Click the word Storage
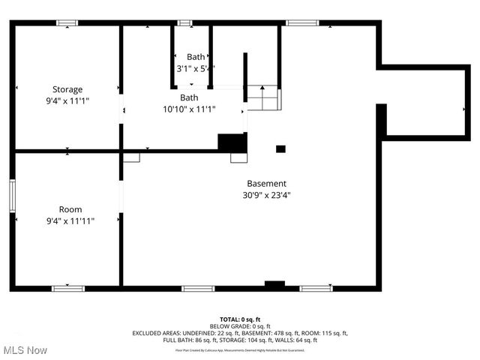(x=67, y=89)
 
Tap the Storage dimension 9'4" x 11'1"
(x=67, y=101)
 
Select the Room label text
(x=70, y=209)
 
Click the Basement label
(x=266, y=183)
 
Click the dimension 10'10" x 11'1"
(x=189, y=109)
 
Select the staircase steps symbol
(x=262, y=98)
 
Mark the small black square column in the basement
(x=280, y=148)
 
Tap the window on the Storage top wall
(x=67, y=23)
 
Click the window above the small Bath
(x=184, y=23)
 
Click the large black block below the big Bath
(x=232, y=142)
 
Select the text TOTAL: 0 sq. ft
(x=239, y=319)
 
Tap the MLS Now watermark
(x=25, y=350)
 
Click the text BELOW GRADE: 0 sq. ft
(x=239, y=326)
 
